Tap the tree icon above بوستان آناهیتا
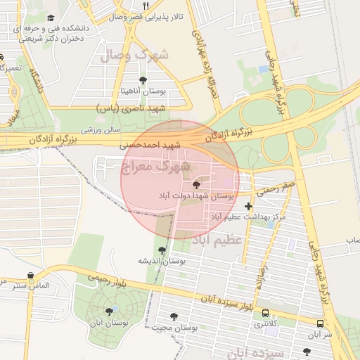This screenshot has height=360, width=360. coord(143,80)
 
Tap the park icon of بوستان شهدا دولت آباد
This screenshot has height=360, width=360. coord(195,185)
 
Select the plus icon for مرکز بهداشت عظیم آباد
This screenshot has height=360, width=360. coord(247,206)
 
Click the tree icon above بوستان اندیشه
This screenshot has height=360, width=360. coord(162,250)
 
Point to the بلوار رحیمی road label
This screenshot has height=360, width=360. coord(105,278)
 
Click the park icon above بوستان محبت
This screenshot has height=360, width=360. coord(174,316)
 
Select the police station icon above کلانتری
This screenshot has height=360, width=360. coord(265,313)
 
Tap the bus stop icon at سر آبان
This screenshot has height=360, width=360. coord(321,324)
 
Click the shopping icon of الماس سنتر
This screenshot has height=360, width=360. coord(30,276)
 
